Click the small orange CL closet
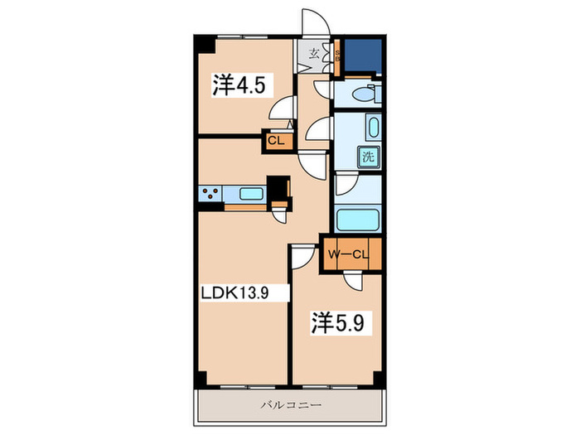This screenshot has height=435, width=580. coord(276,142)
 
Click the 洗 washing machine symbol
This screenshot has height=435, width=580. coord(366,156)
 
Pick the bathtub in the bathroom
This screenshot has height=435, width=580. coord(359,221)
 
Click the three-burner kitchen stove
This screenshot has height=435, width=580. coord(210,195)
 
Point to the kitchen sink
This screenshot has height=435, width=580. coord(250,195)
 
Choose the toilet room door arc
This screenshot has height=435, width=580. coord(322,89)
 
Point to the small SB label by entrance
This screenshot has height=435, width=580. coord(338,56)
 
